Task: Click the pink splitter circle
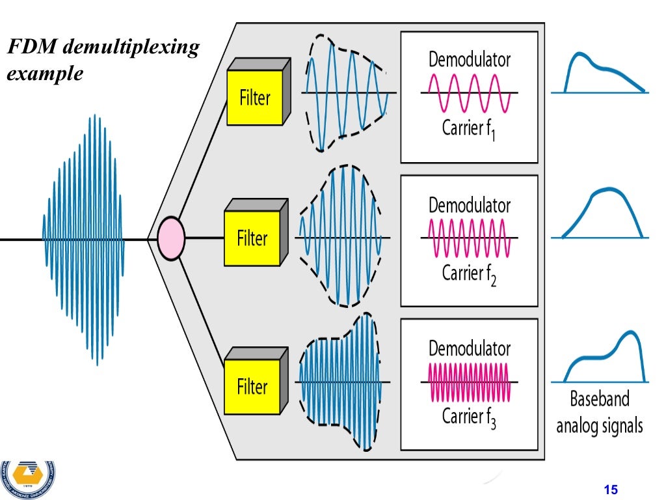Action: click(171, 238)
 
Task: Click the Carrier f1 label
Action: click(468, 130)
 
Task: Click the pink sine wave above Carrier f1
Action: click(468, 93)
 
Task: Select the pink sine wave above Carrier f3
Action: click(468, 382)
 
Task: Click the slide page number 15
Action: click(610, 490)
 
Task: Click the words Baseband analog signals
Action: click(599, 412)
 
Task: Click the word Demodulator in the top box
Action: click(469, 60)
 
